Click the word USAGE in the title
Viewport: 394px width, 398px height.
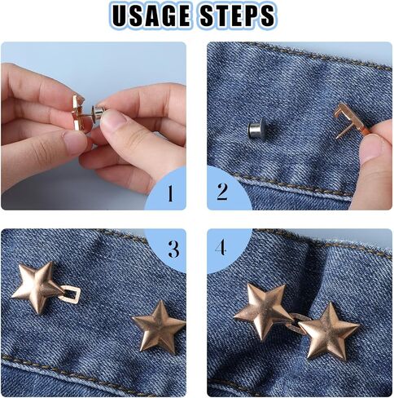tap(151, 15)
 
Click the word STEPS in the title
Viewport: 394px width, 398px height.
tap(237, 15)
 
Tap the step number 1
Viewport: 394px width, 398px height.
tap(170, 193)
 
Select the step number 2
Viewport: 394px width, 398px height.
tap(222, 192)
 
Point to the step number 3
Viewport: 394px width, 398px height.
tap(173, 249)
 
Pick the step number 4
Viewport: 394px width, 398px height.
tap(221, 247)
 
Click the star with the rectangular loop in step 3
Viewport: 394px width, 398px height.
tap(37, 287)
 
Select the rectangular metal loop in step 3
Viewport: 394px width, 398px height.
tap(70, 294)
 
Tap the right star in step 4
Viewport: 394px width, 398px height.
tap(329, 331)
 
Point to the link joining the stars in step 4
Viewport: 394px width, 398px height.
tap(299, 322)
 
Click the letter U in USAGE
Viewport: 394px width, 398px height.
tap(120, 15)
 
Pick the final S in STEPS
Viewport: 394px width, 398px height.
tap(267, 15)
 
